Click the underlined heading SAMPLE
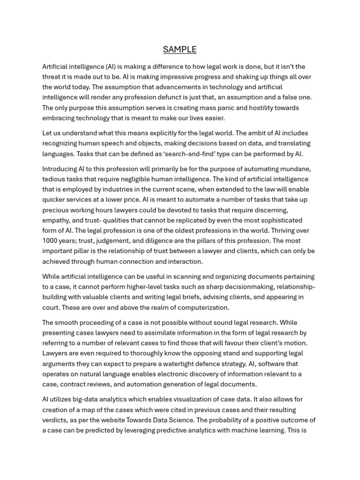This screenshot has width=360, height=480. click(180, 50)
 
